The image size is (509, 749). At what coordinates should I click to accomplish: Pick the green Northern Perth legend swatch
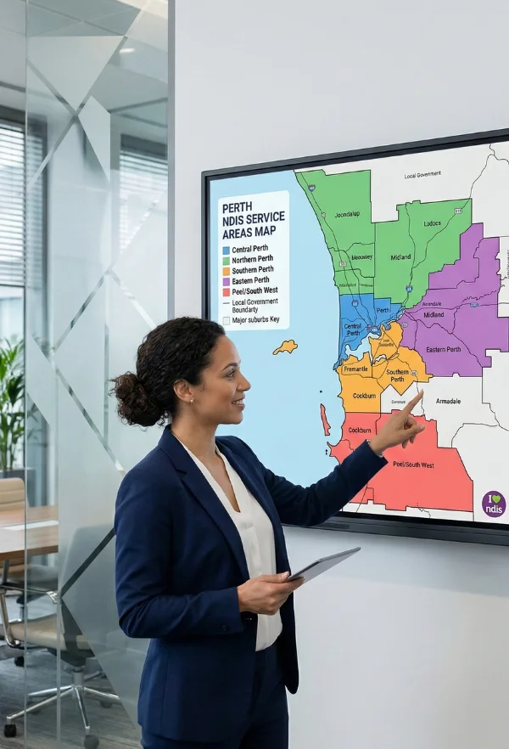tap(226, 261)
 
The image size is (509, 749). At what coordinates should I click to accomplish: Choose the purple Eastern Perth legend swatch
tap(226, 281)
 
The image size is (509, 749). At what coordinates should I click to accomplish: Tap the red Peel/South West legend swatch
tap(226, 291)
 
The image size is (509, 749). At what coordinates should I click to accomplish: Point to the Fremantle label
tap(355, 368)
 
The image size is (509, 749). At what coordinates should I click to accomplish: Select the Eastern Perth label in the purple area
tap(443, 349)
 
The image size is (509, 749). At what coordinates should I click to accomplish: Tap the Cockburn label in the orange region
tap(364, 395)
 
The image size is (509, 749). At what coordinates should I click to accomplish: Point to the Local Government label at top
tap(422, 175)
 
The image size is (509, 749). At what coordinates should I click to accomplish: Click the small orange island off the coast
tap(285, 346)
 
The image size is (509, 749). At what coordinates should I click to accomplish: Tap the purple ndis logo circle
tap(493, 504)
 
